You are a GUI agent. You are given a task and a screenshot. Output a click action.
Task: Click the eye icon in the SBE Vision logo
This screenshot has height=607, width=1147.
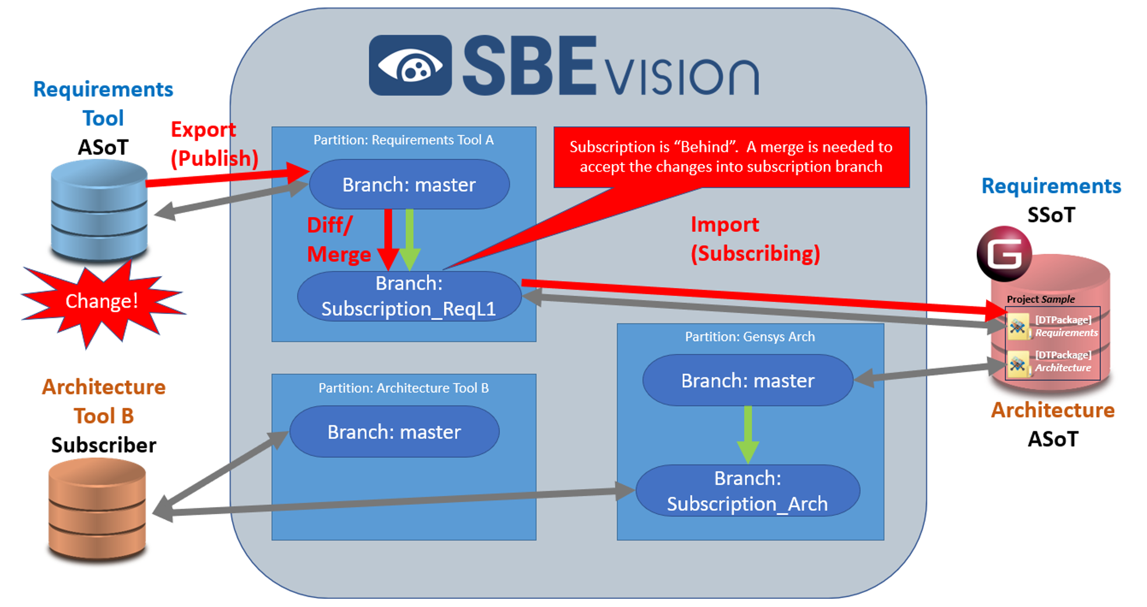pyautogui.click(x=410, y=65)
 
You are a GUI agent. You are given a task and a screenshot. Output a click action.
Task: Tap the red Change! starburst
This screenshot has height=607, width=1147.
pyautogui.click(x=101, y=301)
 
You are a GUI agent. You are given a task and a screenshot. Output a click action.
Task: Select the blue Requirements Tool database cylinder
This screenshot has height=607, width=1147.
pyautogui.click(x=99, y=210)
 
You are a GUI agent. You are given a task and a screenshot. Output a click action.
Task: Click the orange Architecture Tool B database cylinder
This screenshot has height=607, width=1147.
pyautogui.click(x=97, y=509)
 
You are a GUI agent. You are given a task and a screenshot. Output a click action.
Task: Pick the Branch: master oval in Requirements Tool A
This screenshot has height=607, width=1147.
pyautogui.click(x=409, y=184)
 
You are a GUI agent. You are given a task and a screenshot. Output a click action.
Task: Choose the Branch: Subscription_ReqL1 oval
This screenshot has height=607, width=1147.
pyautogui.click(x=409, y=296)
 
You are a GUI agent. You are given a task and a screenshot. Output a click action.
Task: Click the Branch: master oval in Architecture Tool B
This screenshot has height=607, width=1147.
pyautogui.click(x=394, y=432)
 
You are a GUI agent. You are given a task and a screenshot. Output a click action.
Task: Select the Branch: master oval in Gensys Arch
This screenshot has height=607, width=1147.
pyautogui.click(x=748, y=381)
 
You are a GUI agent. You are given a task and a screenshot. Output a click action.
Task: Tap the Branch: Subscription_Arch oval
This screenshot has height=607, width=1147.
pyautogui.click(x=748, y=491)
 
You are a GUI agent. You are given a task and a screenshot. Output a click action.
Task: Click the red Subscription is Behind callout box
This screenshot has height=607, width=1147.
pyautogui.click(x=731, y=156)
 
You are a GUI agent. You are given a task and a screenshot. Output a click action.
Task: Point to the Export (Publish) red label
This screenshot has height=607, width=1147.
pyautogui.click(x=213, y=144)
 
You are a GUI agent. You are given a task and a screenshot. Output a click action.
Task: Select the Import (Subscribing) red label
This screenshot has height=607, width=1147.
pyautogui.click(x=755, y=239)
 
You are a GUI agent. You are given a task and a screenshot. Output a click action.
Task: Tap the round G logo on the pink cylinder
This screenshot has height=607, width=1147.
pyautogui.click(x=1004, y=254)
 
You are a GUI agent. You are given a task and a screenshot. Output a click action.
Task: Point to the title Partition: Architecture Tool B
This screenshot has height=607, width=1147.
pyautogui.click(x=404, y=388)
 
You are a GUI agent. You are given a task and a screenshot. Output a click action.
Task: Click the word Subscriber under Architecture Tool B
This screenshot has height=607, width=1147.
pyautogui.click(x=104, y=445)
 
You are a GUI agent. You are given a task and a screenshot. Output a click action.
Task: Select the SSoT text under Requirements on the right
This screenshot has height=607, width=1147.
pyautogui.click(x=1051, y=215)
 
